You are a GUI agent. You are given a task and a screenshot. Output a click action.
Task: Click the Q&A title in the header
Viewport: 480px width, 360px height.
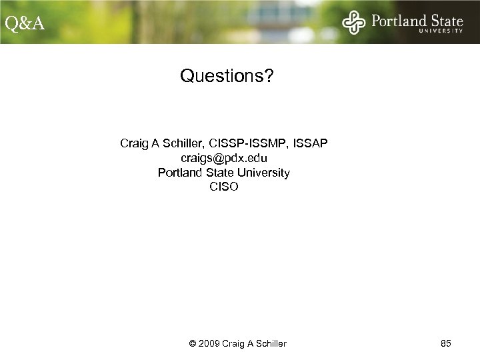pyautogui.click(x=25, y=24)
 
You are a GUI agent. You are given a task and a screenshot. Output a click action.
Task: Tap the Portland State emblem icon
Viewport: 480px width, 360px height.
pyautogui.click(x=354, y=23)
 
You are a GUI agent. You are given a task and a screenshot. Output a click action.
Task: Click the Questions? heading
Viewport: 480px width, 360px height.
pyautogui.click(x=226, y=77)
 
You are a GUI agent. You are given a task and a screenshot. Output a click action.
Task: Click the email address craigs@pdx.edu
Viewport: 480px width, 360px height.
pyautogui.click(x=223, y=158)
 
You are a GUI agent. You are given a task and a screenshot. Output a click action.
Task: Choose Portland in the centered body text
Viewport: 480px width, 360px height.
pyautogui.click(x=180, y=173)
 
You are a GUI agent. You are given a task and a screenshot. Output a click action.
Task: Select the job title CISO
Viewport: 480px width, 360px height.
pyautogui.click(x=223, y=187)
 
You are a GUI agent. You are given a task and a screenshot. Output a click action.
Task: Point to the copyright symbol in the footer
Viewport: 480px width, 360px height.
pyautogui.click(x=193, y=343)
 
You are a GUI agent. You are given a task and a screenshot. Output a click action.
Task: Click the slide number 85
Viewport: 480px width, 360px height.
pyautogui.click(x=447, y=343)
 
